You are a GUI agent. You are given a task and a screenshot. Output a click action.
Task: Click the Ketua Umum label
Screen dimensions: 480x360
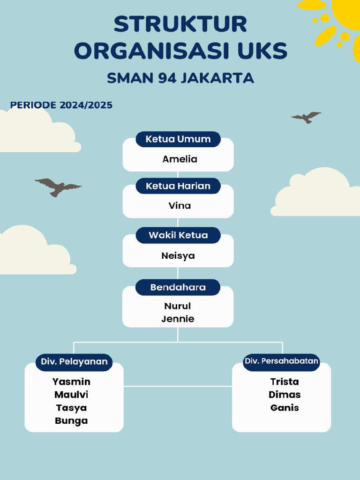pos(178,139)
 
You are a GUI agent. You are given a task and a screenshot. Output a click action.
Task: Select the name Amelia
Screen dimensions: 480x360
pos(180,159)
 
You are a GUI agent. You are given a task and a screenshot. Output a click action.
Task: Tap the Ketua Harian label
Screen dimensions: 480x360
pos(178,186)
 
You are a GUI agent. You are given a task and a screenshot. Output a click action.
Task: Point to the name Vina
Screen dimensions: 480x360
pos(180,206)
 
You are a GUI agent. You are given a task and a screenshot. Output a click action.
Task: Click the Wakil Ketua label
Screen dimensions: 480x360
pos(178,235)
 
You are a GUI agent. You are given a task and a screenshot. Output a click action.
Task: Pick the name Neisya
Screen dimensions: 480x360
pos(178,256)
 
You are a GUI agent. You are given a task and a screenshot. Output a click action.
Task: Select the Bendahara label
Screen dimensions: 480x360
pos(178,287)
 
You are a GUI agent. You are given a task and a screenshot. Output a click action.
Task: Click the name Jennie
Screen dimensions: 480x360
pos(178,319)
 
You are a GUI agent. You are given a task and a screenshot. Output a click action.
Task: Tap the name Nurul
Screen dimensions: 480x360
pos(178,306)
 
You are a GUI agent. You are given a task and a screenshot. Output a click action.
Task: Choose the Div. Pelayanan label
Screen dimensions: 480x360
pos(74,362)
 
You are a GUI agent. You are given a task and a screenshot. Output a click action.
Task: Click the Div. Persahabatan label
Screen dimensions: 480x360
pos(282,361)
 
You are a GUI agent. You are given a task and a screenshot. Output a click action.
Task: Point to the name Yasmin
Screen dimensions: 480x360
pos(71,382)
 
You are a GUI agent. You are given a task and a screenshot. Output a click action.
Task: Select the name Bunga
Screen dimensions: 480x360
pos(71,421)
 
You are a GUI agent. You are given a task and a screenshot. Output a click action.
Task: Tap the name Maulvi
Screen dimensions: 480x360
pos(71,395)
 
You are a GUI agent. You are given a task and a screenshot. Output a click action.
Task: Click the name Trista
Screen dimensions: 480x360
pos(285,382)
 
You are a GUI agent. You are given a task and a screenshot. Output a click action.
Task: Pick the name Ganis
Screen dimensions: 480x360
pos(285,408)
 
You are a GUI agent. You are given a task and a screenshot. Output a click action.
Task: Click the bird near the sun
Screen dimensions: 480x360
pos(306,117)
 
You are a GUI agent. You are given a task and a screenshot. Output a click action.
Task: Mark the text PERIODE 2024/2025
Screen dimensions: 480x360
pos(61,105)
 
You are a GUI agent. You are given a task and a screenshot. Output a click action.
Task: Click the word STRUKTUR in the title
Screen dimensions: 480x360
pos(180,24)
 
